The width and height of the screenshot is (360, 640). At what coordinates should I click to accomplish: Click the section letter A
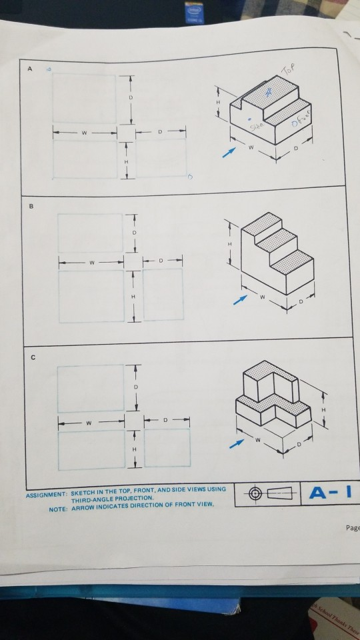29,67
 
